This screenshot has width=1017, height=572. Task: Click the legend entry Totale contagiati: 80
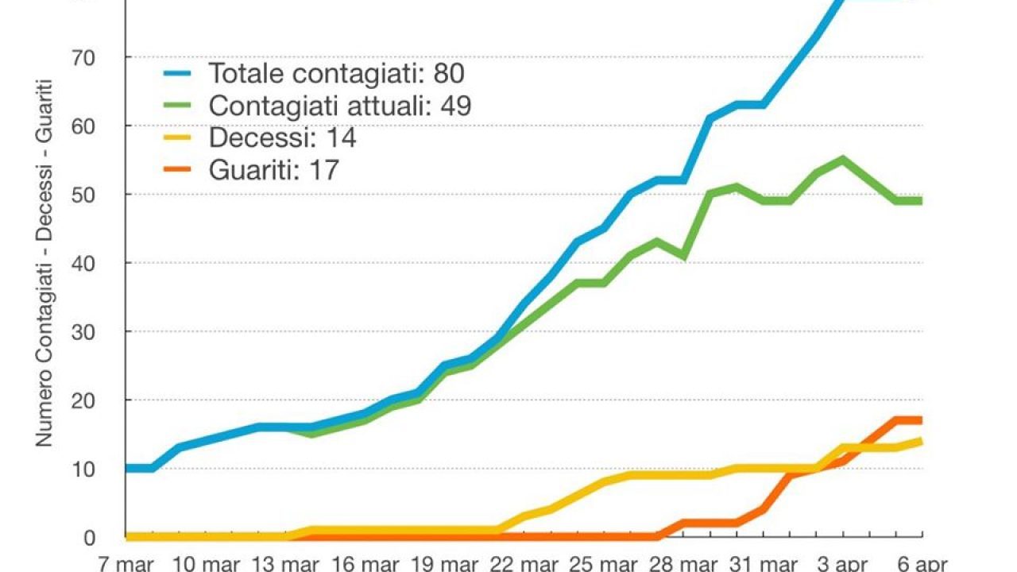coord(335,73)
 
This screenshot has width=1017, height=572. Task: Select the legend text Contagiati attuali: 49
coord(339,106)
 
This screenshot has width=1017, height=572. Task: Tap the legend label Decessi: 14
coord(281,137)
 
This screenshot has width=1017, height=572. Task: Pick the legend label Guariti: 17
coord(273,169)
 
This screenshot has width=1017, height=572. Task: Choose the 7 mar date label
coord(125,563)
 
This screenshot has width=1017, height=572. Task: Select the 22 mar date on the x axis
coord(524,563)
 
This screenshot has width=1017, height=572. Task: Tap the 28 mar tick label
coord(684,563)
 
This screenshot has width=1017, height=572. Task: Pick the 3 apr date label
coord(843,563)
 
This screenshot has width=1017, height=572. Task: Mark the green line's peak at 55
coord(842,159)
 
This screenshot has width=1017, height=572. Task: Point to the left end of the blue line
coord(127,469)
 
